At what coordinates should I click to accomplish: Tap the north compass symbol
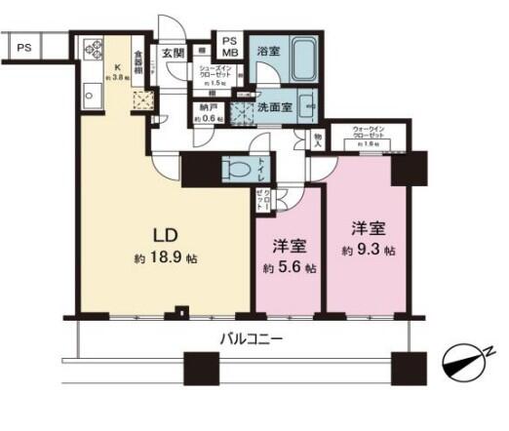click(466, 362)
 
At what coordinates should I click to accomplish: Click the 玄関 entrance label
click(173, 53)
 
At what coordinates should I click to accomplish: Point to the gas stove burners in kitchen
click(95, 46)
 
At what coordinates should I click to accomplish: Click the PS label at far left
click(22, 46)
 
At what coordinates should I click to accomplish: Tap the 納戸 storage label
click(208, 112)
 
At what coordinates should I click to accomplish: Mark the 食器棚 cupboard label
click(138, 63)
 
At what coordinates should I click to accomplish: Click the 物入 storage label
click(318, 139)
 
